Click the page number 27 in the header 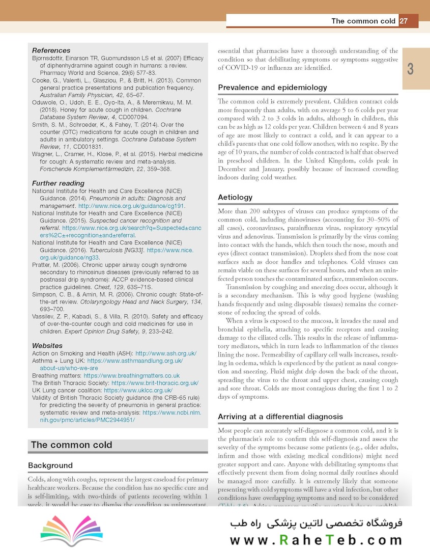404,21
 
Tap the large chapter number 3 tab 411,69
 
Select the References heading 51,50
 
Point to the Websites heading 47,346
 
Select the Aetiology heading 235,197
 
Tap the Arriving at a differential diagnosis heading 280,417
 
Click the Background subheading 50,465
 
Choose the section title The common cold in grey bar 71,445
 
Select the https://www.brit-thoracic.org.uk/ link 155,383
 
